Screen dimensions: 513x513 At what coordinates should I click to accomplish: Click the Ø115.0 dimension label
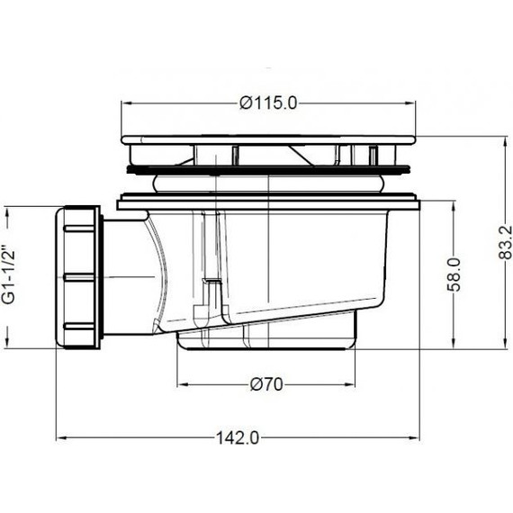(x=269, y=103)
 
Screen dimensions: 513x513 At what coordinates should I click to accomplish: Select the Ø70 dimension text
(x=266, y=385)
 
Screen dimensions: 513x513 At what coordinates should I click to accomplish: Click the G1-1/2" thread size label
(x=10, y=274)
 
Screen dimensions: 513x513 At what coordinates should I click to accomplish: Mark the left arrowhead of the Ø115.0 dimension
(x=125, y=103)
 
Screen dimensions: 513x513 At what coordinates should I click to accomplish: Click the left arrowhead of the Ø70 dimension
(x=182, y=385)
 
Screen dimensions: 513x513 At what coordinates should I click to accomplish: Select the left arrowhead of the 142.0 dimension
(x=62, y=438)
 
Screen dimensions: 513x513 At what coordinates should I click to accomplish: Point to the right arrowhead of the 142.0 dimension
(x=415, y=438)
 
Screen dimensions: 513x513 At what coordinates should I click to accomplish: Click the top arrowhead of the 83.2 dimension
(x=496, y=141)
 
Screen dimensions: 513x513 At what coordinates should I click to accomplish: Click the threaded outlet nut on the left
(x=81, y=275)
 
